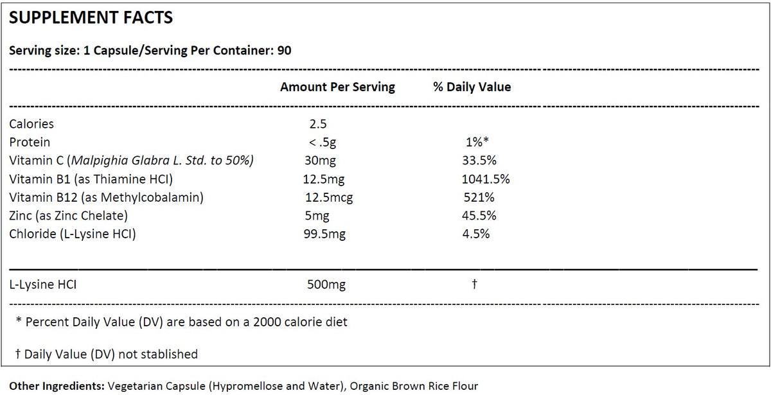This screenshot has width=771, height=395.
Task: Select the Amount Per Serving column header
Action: [x=337, y=87]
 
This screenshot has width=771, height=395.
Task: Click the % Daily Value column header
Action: [x=472, y=87]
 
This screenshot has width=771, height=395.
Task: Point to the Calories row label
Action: [x=31, y=124]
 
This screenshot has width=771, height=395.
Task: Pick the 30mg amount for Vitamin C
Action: [x=320, y=161]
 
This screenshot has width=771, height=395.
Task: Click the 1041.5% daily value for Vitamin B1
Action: [x=482, y=179]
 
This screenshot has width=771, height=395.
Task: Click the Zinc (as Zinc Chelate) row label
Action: [x=69, y=216]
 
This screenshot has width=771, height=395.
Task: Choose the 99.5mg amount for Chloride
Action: [x=324, y=234]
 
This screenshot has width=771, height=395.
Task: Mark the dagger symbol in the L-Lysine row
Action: [x=474, y=284]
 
